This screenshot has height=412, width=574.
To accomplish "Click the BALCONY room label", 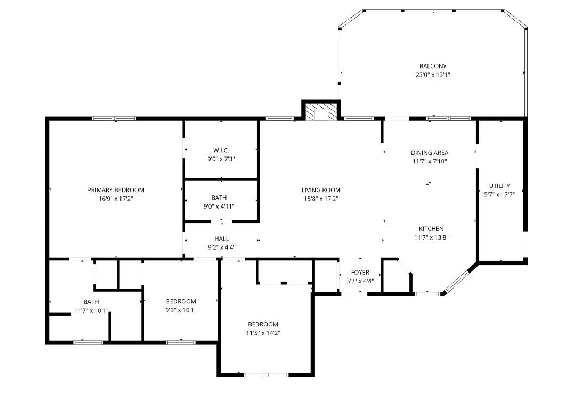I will (x=432, y=66).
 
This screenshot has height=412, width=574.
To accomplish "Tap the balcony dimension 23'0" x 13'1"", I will (x=432, y=75).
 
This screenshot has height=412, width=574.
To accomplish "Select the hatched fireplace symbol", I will (x=321, y=112).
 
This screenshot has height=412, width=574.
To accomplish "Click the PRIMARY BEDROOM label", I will (x=116, y=190).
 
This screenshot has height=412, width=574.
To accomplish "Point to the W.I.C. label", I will (x=221, y=150).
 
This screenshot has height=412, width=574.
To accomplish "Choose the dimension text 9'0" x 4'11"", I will (x=221, y=207).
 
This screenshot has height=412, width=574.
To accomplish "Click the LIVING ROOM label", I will (x=320, y=190).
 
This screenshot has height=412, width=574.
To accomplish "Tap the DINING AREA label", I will (x=429, y=153).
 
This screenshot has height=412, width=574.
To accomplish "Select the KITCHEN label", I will (x=431, y=229).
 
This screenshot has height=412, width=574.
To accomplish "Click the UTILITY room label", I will (x=499, y=186).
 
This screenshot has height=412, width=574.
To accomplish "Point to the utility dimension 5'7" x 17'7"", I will (x=499, y=195).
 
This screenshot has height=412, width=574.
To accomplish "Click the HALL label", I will (x=221, y=238).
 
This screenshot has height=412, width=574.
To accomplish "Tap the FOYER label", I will (x=360, y=273).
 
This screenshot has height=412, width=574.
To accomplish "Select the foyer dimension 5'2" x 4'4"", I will (x=360, y=281).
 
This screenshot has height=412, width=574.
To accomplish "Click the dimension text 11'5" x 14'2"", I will (x=263, y=333).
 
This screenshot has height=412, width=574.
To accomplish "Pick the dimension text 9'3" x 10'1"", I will (x=181, y=310).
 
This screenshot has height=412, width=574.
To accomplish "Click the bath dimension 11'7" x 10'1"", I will (x=91, y=311).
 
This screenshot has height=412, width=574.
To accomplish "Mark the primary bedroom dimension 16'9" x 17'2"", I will (x=116, y=199).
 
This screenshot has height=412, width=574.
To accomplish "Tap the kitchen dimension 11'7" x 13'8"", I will (x=431, y=238).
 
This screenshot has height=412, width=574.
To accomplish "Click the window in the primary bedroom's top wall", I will (x=114, y=118).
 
